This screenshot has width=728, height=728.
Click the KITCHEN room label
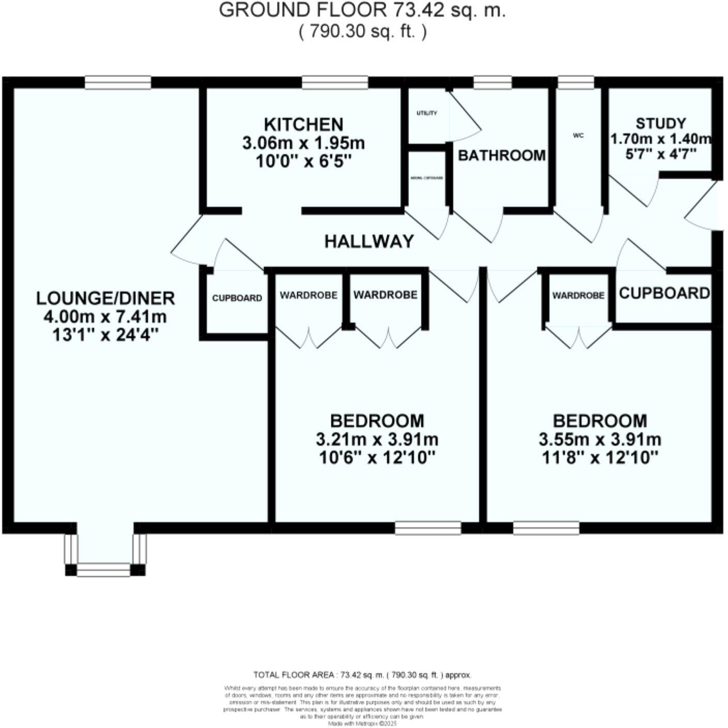click(304, 125)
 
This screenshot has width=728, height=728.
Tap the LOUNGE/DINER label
click(105, 298)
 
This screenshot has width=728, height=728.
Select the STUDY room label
click(661, 124)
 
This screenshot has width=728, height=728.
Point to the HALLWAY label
click(369, 241)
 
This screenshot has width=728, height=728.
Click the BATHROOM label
click(502, 155)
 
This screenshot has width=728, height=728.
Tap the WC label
click(578, 135)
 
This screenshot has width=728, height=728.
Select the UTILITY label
click(427, 113)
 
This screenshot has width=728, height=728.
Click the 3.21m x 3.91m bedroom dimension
click(377, 440)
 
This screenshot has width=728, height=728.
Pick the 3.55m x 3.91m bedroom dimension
click(600, 440)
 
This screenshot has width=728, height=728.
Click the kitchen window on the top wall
click(335, 82)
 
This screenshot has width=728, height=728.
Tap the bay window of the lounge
click(105, 569)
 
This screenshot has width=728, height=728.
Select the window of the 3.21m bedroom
click(428, 528)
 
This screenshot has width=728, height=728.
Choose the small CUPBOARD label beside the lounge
click(237, 298)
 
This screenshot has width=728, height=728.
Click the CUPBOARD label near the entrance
click(664, 293)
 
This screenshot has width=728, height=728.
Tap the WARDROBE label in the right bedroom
click(578, 295)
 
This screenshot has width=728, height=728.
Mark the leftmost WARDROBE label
click(309, 295)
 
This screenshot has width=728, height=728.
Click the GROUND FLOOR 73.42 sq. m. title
click(362, 10)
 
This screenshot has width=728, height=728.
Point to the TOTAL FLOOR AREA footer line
click(362, 675)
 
